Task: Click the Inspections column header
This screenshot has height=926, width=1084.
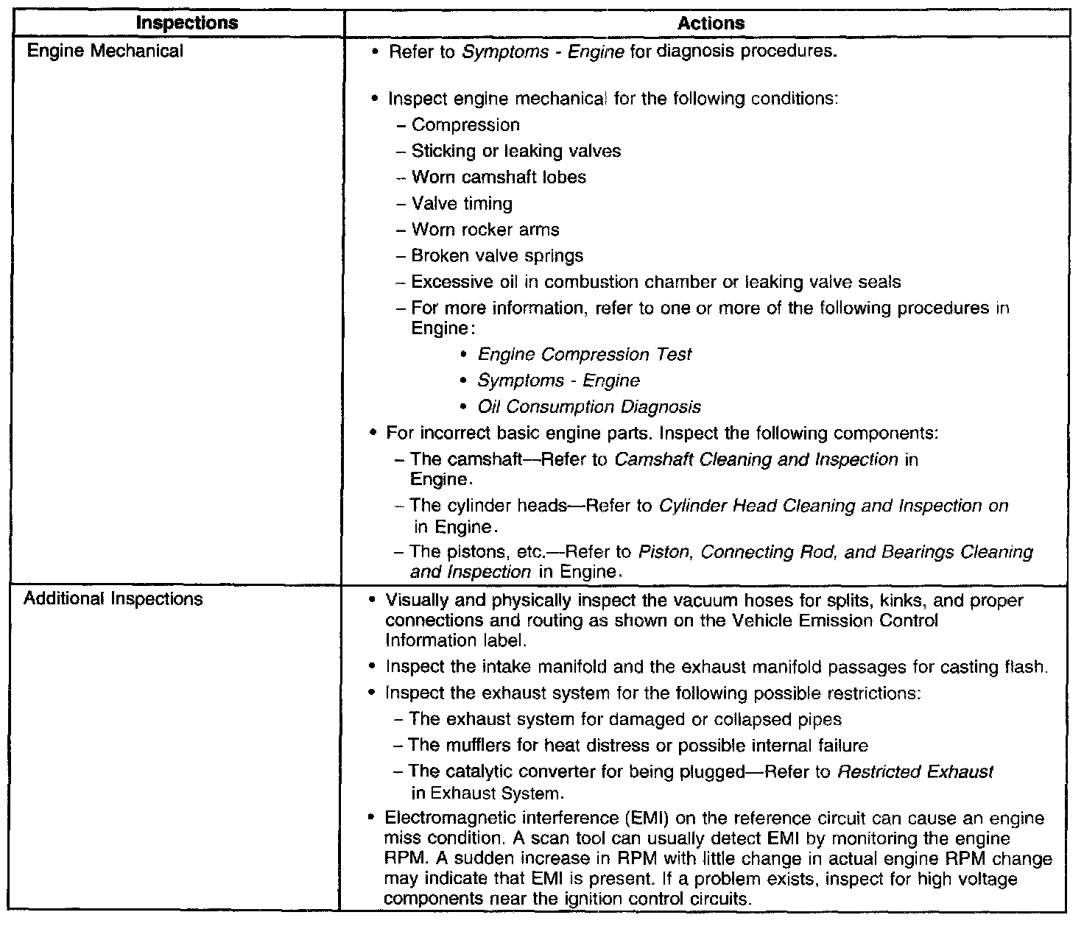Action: (x=187, y=24)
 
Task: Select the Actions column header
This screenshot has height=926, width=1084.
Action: (x=711, y=24)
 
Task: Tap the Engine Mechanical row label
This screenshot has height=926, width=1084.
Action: (x=104, y=52)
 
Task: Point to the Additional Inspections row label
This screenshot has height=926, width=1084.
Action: (x=113, y=599)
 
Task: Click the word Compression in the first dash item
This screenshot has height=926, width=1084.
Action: (x=465, y=125)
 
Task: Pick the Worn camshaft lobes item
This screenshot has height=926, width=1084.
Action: (x=499, y=177)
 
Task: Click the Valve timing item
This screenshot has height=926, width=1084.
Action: (x=462, y=204)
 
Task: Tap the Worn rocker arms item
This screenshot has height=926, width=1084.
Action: (x=485, y=230)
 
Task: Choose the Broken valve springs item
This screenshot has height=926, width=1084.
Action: (x=497, y=256)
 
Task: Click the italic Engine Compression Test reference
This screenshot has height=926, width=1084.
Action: (x=585, y=355)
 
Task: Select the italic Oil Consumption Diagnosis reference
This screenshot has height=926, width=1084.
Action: (x=589, y=407)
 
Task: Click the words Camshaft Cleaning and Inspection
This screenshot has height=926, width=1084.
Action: (x=756, y=460)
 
